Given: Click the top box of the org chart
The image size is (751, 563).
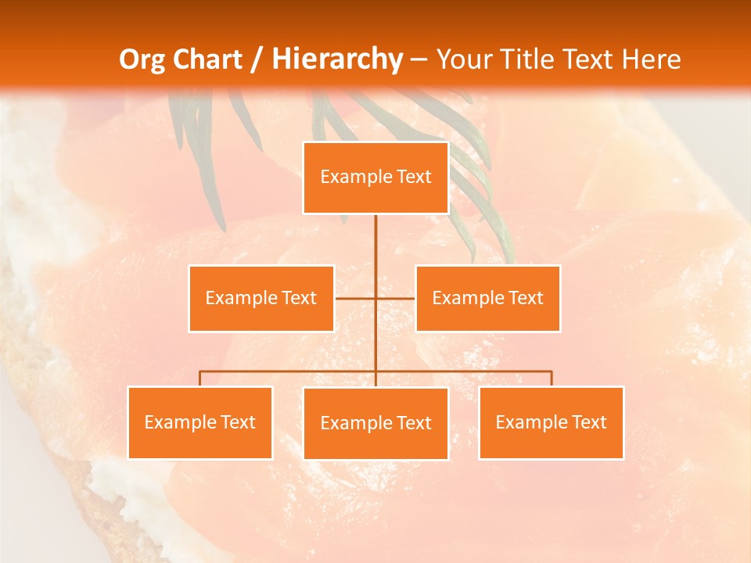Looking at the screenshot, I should [x=375, y=178].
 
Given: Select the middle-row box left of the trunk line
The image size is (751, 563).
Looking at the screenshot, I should [x=261, y=298].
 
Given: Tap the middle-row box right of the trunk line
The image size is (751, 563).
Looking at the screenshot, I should [x=487, y=298].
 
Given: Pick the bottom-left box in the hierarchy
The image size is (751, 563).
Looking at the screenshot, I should [x=200, y=422].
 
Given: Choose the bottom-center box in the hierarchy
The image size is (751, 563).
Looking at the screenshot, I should [x=375, y=423].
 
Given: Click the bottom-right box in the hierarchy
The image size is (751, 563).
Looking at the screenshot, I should [x=551, y=422].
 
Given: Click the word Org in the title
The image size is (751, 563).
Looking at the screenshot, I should [x=144, y=59].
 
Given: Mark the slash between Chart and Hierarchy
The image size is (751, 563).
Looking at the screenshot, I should [x=257, y=59].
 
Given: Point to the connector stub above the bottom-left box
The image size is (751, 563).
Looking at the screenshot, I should [x=200, y=378].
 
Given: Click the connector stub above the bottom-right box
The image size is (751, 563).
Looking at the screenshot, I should [x=552, y=378].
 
